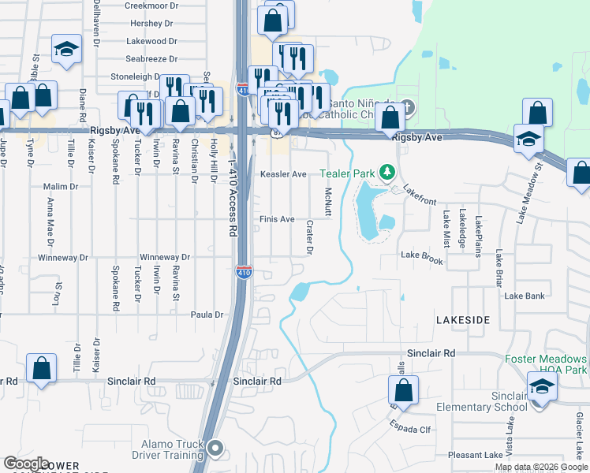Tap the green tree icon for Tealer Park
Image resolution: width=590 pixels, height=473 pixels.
[386, 172]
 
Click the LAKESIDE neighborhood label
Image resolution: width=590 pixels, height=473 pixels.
[464, 319]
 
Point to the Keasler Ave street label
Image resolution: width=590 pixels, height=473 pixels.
[283, 174]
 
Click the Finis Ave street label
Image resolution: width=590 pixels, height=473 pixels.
[277, 219]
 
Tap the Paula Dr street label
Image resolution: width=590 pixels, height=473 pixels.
[207, 315]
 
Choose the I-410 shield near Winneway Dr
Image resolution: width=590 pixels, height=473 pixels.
[244, 273]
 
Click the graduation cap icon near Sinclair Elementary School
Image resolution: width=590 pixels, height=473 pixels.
[542, 386]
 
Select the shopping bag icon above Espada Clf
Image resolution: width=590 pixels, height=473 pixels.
[403, 389]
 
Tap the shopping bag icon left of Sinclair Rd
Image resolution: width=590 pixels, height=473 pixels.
[41, 367]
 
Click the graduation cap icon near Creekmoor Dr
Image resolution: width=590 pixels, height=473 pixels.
[67, 48]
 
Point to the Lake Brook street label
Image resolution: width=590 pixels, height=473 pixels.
[422, 255]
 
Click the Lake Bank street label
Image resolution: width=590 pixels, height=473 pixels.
[525, 296]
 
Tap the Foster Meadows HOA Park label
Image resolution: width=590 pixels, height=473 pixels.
[546, 363]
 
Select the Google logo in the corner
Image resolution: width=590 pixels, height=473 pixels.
[26, 464]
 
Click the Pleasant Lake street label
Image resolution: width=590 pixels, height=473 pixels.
[475, 455]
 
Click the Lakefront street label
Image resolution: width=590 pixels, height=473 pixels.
[420, 196]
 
